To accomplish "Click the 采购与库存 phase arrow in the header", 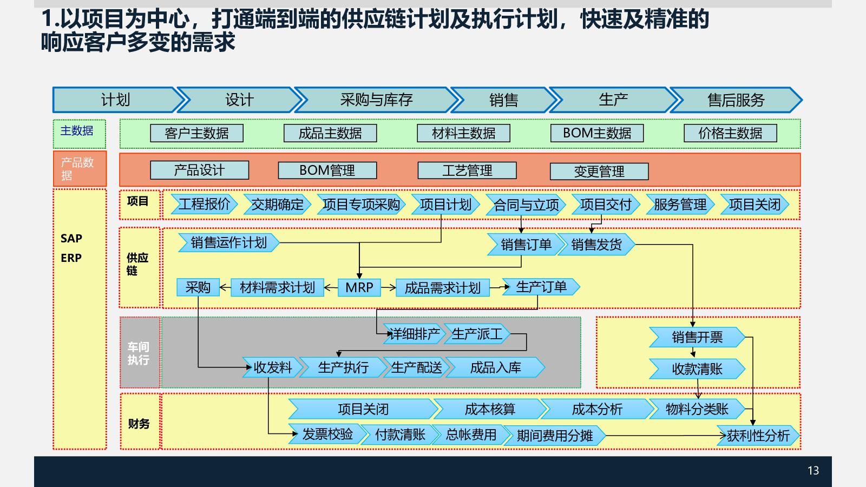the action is pyautogui.click(x=376, y=100).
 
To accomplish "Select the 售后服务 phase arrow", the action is pyautogui.click(x=736, y=100).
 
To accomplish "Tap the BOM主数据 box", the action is pyautogui.click(x=597, y=133).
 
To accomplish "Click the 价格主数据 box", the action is pyautogui.click(x=730, y=133).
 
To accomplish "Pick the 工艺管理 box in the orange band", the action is pyautogui.click(x=467, y=170).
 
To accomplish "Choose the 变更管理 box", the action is pyautogui.click(x=599, y=172).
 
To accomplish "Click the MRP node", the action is pyautogui.click(x=359, y=287).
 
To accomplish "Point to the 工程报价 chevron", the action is pyautogui.click(x=204, y=204).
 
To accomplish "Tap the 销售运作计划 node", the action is pyautogui.click(x=229, y=243).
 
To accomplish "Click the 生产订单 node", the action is pyautogui.click(x=541, y=287).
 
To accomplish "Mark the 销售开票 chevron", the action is pyautogui.click(x=697, y=337).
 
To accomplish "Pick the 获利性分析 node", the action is pyautogui.click(x=758, y=436).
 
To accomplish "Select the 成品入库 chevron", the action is pyautogui.click(x=495, y=367).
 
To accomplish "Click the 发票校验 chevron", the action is pyautogui.click(x=327, y=434).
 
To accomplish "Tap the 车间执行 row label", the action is pyautogui.click(x=139, y=353).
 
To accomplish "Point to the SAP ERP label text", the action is pyautogui.click(x=71, y=248).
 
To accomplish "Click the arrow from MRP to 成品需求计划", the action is pyautogui.click(x=389, y=287).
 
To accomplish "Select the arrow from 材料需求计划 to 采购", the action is pyautogui.click(x=225, y=287).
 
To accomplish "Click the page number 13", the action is pyautogui.click(x=813, y=470).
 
